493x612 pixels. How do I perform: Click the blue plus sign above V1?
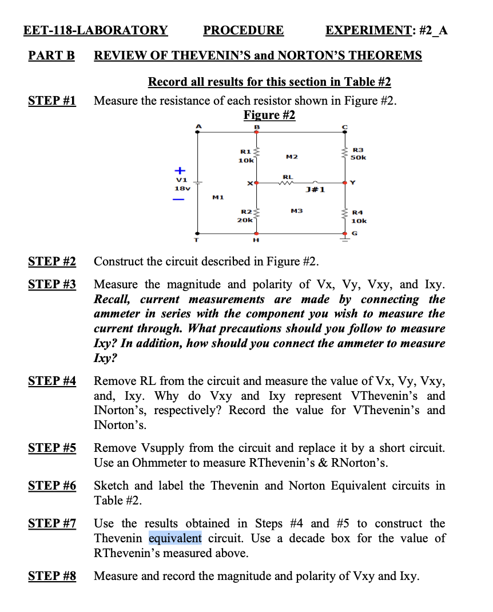coord(180,170)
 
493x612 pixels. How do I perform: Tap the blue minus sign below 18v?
coord(179,200)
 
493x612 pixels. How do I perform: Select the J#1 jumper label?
coord(316,189)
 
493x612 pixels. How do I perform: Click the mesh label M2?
coord(291,156)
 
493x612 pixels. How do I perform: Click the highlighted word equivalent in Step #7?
coord(175,538)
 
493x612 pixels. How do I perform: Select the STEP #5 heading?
coord(52,448)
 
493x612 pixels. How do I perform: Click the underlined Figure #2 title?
coord(269,115)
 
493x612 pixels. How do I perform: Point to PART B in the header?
coord(51,55)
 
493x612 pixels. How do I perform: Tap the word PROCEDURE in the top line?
coord(243,30)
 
